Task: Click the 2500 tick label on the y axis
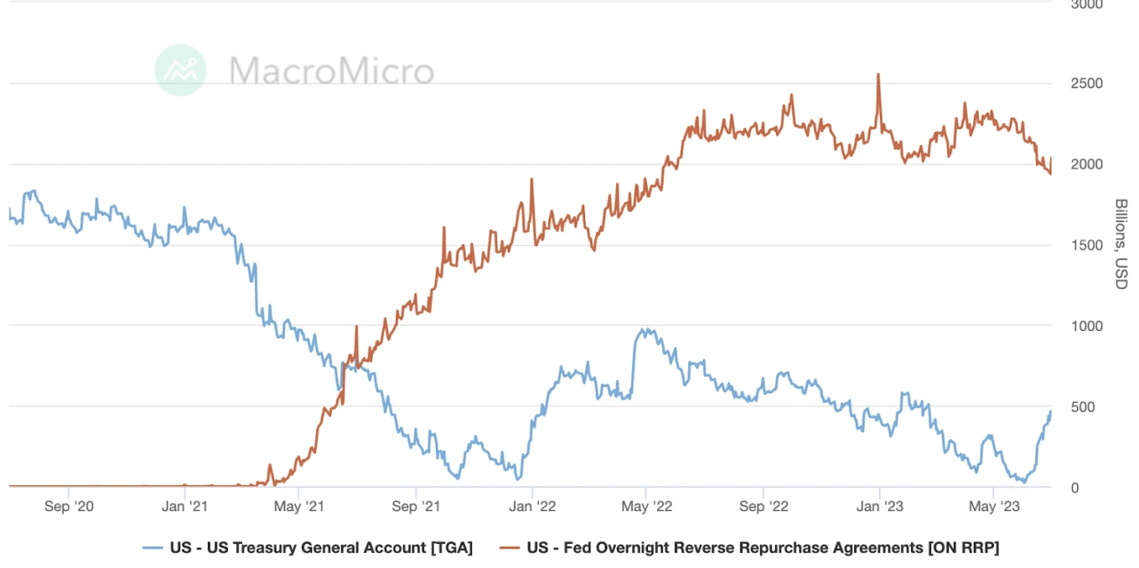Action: (1086, 83)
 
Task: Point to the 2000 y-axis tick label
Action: (1086, 164)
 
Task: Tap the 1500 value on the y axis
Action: (1086, 245)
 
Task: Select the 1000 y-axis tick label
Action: (1086, 326)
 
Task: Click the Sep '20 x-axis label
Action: (69, 506)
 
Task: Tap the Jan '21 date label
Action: (186, 506)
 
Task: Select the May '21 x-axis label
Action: (300, 506)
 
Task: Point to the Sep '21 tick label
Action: (417, 506)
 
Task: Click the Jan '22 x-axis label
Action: (533, 506)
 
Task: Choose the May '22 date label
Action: (647, 506)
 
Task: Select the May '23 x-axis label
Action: (993, 506)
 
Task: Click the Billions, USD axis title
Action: (1121, 244)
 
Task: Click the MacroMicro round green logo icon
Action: (181, 70)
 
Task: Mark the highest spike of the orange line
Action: (878, 74)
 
